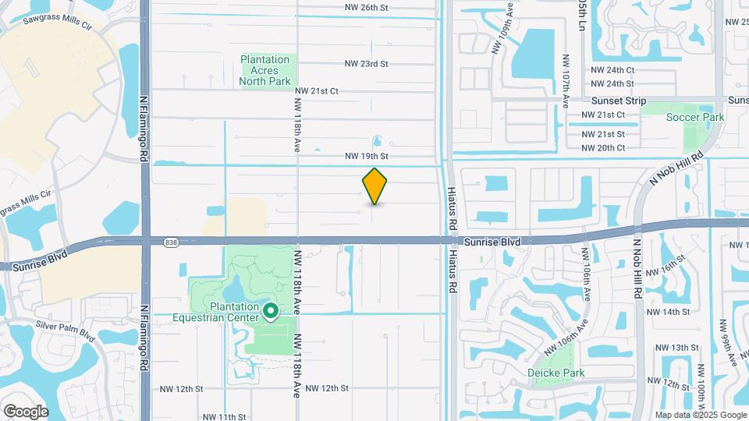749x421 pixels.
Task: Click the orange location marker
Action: click(x=375, y=186)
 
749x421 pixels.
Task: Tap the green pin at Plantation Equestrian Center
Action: click(x=271, y=312)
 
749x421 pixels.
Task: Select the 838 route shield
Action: click(x=171, y=243)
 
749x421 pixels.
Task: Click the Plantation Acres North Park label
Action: click(x=265, y=70)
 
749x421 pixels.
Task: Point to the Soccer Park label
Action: click(x=695, y=118)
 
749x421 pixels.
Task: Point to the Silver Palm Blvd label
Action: click(x=65, y=327)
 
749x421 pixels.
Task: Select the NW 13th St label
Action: click(x=676, y=348)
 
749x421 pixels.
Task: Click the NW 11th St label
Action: click(x=225, y=417)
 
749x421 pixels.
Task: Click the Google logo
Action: click(x=26, y=411)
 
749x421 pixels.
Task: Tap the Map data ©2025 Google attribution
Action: click(x=700, y=416)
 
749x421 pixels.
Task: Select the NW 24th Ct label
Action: click(x=612, y=69)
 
